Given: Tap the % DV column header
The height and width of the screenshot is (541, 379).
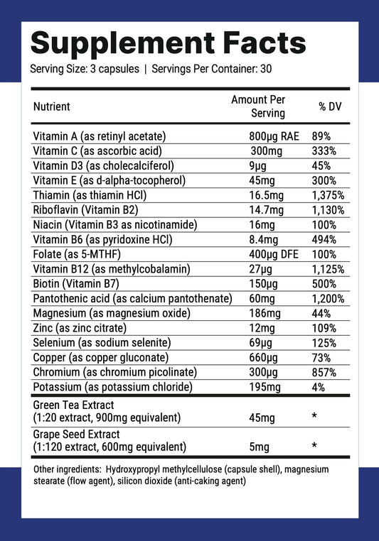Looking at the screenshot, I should [x=331, y=106].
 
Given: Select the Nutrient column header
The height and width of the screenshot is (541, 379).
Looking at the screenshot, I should [x=52, y=106].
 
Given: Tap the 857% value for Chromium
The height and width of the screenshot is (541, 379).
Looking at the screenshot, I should [x=324, y=373].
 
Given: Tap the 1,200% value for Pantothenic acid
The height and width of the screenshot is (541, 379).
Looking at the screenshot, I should [x=328, y=299].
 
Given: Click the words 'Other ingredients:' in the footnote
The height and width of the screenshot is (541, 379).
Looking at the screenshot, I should [x=67, y=470].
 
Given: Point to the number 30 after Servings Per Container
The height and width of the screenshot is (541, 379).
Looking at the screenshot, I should [x=266, y=70].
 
